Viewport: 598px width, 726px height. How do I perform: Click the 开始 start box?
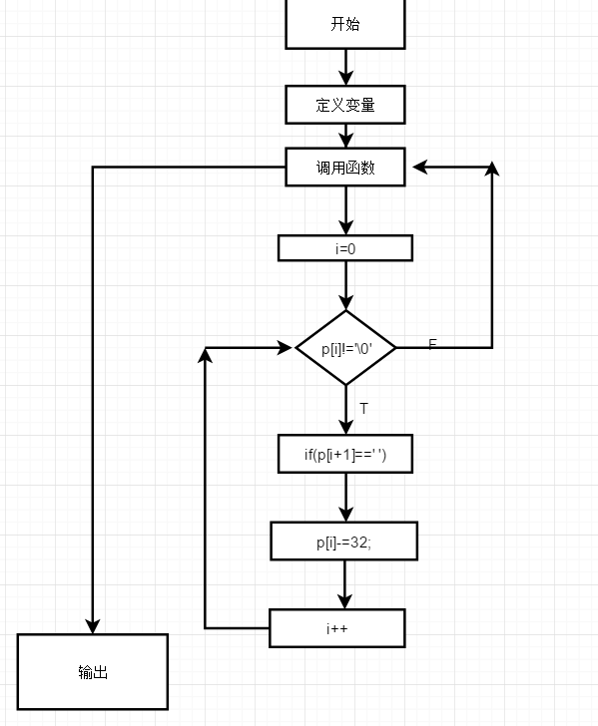click(x=345, y=24)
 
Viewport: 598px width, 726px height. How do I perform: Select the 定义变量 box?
click(x=345, y=105)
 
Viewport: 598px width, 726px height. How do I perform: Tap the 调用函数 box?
click(x=345, y=168)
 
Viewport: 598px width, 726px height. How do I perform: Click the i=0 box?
click(x=345, y=248)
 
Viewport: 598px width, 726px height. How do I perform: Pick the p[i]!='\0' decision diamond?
click(x=345, y=348)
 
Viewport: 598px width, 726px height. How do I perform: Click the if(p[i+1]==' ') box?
click(x=345, y=455)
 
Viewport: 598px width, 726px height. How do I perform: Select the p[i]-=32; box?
click(x=344, y=542)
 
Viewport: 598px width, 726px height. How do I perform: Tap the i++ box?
click(x=336, y=628)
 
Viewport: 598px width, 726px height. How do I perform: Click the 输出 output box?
click(x=93, y=672)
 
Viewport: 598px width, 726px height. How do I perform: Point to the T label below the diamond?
click(x=363, y=409)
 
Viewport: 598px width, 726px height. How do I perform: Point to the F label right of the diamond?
click(x=432, y=344)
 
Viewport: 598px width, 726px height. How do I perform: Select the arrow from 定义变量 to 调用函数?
click(x=346, y=136)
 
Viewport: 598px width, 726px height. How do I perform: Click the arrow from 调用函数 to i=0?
click(x=346, y=210)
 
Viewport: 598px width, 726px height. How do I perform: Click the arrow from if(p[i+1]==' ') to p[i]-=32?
click(x=346, y=498)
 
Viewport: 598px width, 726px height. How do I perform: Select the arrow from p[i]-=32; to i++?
click(x=345, y=584)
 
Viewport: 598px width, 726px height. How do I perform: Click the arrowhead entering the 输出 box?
click(x=93, y=625)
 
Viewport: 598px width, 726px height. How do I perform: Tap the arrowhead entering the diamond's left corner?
click(x=288, y=348)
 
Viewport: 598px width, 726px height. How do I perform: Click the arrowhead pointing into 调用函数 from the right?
click(x=420, y=168)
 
